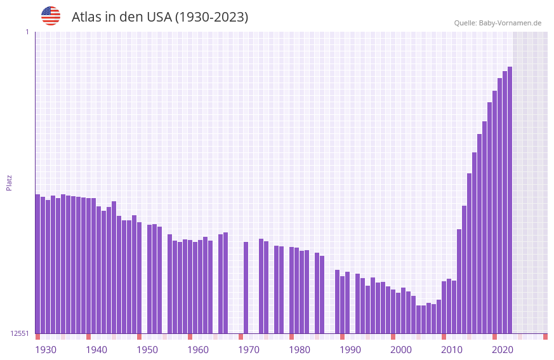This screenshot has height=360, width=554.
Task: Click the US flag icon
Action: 51,16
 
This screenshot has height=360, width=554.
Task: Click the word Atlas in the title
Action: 89,17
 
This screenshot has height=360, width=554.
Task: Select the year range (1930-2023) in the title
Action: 211,17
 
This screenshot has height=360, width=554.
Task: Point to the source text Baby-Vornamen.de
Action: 510,23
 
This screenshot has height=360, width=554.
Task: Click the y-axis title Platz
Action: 9,183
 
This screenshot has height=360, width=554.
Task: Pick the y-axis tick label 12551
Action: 20,333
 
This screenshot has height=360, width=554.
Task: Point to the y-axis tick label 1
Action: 27,32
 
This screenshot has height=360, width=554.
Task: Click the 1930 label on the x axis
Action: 46,350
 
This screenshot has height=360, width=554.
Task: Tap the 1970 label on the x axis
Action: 249,350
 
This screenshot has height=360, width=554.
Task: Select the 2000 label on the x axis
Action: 401,350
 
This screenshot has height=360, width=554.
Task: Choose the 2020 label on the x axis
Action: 503,350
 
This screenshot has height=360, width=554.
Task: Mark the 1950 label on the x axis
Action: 147,350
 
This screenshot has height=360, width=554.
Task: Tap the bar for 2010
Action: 444,307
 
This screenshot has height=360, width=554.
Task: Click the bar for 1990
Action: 342,305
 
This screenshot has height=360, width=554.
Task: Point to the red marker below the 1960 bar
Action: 190,337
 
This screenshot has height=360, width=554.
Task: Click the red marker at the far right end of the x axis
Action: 545,337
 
